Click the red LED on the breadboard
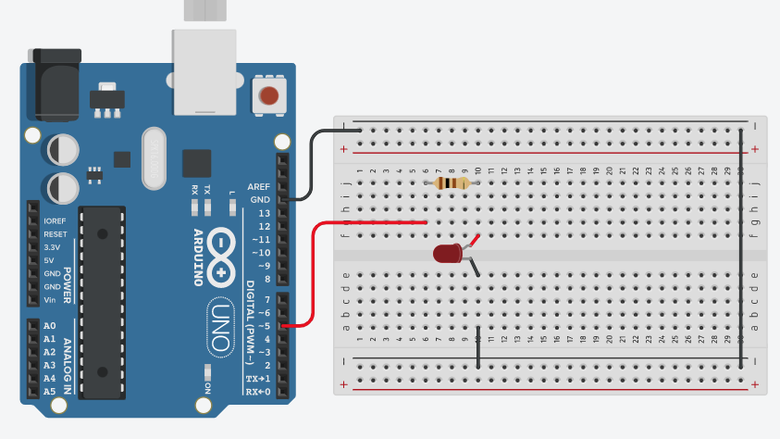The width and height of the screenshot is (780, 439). pyautogui.click(x=447, y=253)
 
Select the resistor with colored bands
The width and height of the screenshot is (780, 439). pyautogui.click(x=451, y=183)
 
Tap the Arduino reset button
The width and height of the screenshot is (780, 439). pyautogui.click(x=268, y=94)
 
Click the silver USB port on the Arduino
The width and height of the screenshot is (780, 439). pyautogui.click(x=205, y=70)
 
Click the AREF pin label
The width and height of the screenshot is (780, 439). pyautogui.click(x=259, y=186)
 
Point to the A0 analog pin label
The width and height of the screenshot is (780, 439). pyautogui.click(x=50, y=326)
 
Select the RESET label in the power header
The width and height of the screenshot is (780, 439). pyautogui.click(x=56, y=234)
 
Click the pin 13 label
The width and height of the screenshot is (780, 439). pyautogui.click(x=264, y=213)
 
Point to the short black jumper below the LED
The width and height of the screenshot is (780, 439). pyautogui.click(x=477, y=347)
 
